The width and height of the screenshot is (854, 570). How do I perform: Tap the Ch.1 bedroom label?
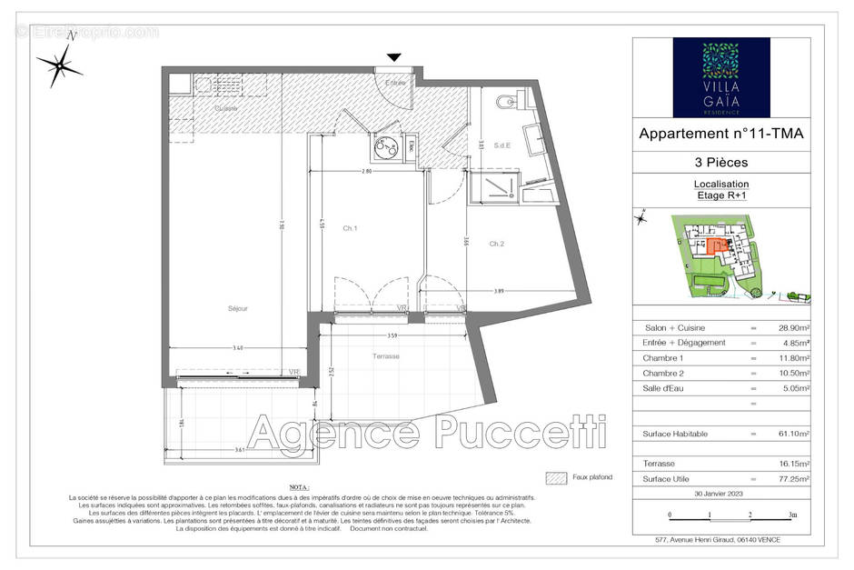click(x=350, y=229)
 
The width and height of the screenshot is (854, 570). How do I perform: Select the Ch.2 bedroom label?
click(x=496, y=244)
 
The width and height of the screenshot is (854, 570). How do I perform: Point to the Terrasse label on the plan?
click(x=385, y=356)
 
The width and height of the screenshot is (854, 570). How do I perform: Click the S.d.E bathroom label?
click(x=501, y=145)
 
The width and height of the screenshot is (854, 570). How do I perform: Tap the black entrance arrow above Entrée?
click(x=393, y=58)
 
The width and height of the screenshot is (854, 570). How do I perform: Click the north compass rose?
click(x=60, y=65)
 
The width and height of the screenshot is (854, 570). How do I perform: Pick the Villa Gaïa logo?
click(x=721, y=77)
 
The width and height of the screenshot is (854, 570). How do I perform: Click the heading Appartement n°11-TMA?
click(x=721, y=134)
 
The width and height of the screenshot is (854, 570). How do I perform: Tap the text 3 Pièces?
click(x=721, y=164)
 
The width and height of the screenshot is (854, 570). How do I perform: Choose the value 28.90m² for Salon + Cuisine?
click(x=791, y=327)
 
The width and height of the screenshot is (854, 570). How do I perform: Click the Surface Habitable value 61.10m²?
click(x=791, y=435)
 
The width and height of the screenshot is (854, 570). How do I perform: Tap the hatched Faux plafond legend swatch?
click(x=556, y=477)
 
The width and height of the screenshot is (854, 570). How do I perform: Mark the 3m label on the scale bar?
click(x=792, y=515)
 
